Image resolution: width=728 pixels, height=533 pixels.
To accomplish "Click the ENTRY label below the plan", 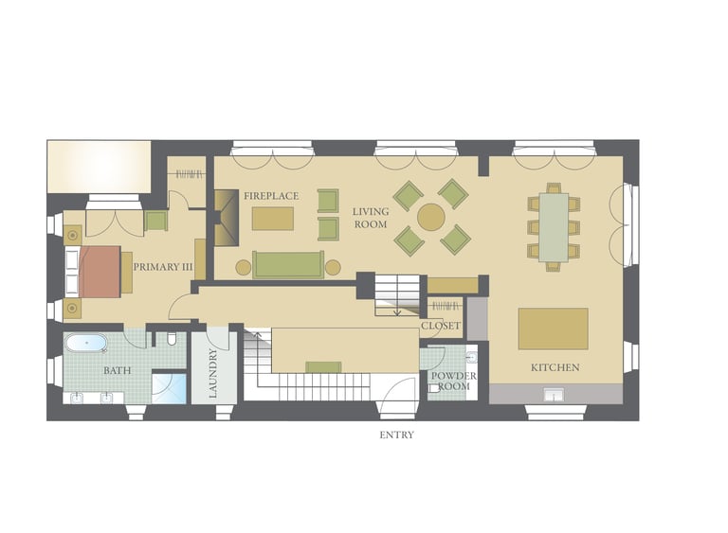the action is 396,435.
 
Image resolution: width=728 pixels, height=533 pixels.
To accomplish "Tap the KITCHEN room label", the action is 555,367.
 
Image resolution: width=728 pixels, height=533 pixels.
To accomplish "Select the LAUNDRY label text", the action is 213,373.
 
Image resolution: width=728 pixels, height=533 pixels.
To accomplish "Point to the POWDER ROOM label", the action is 453,381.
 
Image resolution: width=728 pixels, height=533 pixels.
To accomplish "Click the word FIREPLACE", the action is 271,196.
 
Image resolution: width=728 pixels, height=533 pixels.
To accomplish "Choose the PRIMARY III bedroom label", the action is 162,267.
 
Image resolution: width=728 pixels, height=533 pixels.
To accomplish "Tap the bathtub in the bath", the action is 86,344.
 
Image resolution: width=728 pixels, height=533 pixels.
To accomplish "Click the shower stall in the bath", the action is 170,388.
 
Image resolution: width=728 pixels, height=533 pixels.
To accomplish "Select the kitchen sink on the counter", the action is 554,394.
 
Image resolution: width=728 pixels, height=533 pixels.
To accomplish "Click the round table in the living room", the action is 431,217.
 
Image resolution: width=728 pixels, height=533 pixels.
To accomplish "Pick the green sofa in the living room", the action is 288,265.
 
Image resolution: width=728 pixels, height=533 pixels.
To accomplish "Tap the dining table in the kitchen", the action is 554,228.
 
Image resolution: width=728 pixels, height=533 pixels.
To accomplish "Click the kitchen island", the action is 553,329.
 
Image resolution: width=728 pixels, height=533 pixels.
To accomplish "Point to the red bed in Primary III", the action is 100,272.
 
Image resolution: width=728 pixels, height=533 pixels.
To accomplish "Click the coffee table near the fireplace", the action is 273,219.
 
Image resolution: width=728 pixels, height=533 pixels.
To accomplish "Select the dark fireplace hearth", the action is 227,217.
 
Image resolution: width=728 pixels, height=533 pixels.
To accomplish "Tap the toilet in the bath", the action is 171,339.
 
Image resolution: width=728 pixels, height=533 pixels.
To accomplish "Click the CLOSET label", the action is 441,326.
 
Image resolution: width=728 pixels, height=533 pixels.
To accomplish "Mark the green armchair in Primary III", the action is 155,221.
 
